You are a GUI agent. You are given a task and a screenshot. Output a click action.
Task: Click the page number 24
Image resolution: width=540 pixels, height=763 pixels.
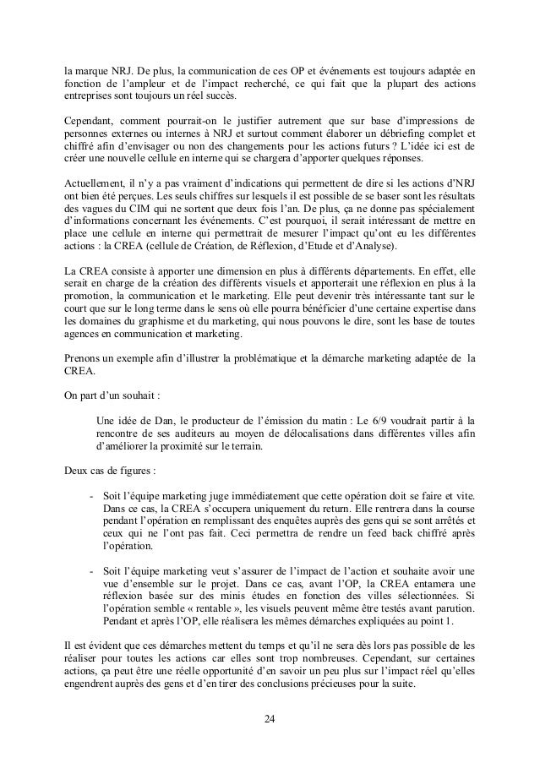[x=270, y=719]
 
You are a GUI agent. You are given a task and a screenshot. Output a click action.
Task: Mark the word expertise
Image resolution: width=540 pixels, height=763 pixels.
[x=439, y=308]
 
